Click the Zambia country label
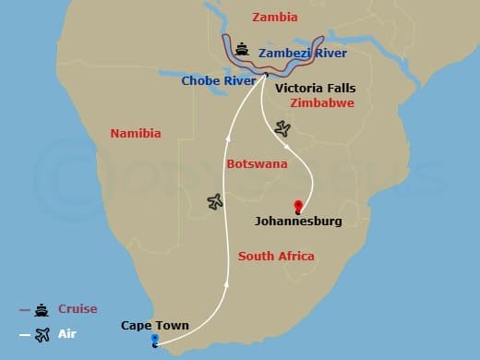(x=275, y=17)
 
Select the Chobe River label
(x=218, y=80)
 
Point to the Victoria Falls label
(x=315, y=89)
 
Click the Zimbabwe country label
(x=322, y=103)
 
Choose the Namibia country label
(x=136, y=134)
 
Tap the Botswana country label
(x=257, y=163)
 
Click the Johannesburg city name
(x=298, y=222)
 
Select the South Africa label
(x=276, y=256)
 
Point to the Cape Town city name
(x=155, y=325)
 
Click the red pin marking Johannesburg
(x=298, y=206)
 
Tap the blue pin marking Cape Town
(x=154, y=341)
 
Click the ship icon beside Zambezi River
(x=242, y=50)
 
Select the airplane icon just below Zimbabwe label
(x=282, y=128)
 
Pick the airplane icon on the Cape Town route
(x=215, y=201)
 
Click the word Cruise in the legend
(x=78, y=309)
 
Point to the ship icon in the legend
(x=42, y=310)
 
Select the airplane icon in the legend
(x=42, y=335)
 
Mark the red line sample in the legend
(x=24, y=310)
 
